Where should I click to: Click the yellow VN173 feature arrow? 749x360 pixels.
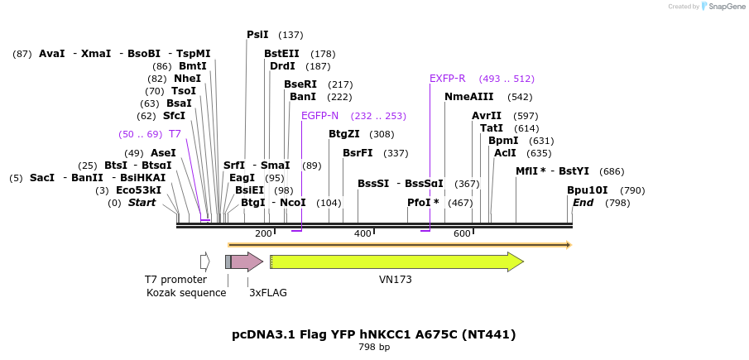396,262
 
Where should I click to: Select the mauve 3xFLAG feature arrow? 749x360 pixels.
246,262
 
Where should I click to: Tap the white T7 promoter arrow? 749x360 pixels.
205,262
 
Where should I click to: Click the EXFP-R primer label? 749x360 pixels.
447,79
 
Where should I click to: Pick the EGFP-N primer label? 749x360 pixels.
319,116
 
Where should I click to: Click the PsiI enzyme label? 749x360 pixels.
257,35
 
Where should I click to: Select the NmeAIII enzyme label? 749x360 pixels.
468,97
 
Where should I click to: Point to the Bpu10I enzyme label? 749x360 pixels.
588,190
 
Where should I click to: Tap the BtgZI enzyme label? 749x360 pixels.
344,134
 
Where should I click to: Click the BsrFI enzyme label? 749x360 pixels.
358,153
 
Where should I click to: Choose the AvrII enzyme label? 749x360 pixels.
487,116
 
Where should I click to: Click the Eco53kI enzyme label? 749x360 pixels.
139,190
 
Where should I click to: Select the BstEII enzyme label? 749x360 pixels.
281,54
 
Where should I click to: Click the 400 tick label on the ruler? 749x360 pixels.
362,234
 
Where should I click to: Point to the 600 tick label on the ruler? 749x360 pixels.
462,234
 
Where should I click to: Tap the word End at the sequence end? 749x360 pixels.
583,203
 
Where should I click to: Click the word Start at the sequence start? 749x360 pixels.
142,203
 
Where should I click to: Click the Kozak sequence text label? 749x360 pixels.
186,293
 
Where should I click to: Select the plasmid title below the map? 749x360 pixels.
374,334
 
